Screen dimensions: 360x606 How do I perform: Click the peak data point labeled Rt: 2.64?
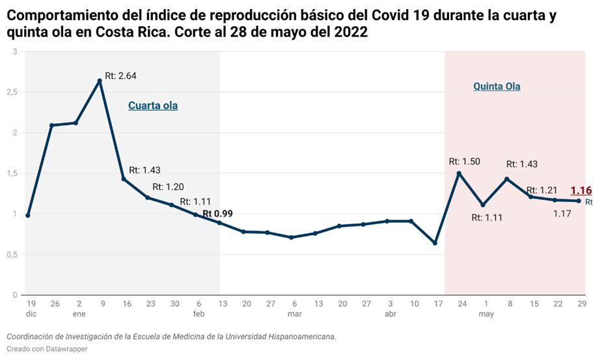(100, 81)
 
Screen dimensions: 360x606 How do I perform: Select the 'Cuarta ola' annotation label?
(153, 105)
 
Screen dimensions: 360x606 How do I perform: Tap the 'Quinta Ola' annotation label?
(497, 86)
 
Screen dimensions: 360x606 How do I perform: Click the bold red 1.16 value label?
(581, 191)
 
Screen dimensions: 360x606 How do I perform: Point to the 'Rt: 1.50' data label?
(465, 161)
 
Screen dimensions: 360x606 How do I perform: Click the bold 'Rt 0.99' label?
(217, 214)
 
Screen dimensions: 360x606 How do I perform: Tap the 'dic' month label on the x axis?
(31, 314)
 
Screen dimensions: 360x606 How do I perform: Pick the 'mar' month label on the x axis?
(294, 314)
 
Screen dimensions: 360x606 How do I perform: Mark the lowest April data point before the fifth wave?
(435, 243)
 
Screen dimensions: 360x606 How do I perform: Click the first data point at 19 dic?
(28, 215)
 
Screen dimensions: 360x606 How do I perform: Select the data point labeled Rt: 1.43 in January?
(123, 178)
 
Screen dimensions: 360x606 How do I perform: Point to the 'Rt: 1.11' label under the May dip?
(487, 217)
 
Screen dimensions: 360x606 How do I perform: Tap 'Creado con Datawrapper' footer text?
(47, 349)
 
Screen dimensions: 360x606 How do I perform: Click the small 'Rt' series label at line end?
(588, 202)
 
